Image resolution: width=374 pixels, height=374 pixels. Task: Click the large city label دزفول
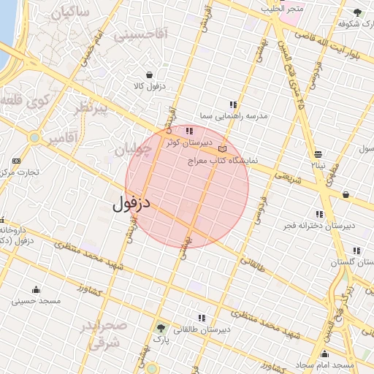[131, 202]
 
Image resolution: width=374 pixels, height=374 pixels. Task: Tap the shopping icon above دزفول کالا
[149, 75]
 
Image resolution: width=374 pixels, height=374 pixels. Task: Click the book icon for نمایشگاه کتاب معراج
[223, 149]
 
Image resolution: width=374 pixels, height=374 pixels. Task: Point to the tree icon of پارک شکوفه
[357, 12]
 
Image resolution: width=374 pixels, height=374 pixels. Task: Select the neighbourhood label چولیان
[132, 150]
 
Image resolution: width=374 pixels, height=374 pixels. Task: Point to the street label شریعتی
[287, 176]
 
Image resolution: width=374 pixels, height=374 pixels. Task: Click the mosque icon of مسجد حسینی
[36, 289]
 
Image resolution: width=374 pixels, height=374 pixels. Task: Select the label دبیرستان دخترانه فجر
[321, 225]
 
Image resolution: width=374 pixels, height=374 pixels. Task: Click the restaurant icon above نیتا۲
[318, 154]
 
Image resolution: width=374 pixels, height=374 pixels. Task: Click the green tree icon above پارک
[161, 328]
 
